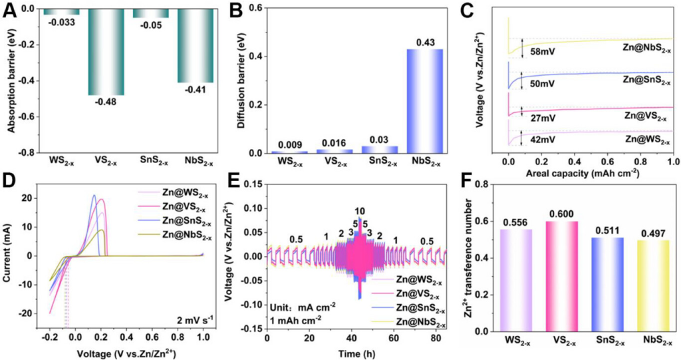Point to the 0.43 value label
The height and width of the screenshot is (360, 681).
(x=424, y=43)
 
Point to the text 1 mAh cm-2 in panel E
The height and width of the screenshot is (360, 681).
(x=295, y=319)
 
